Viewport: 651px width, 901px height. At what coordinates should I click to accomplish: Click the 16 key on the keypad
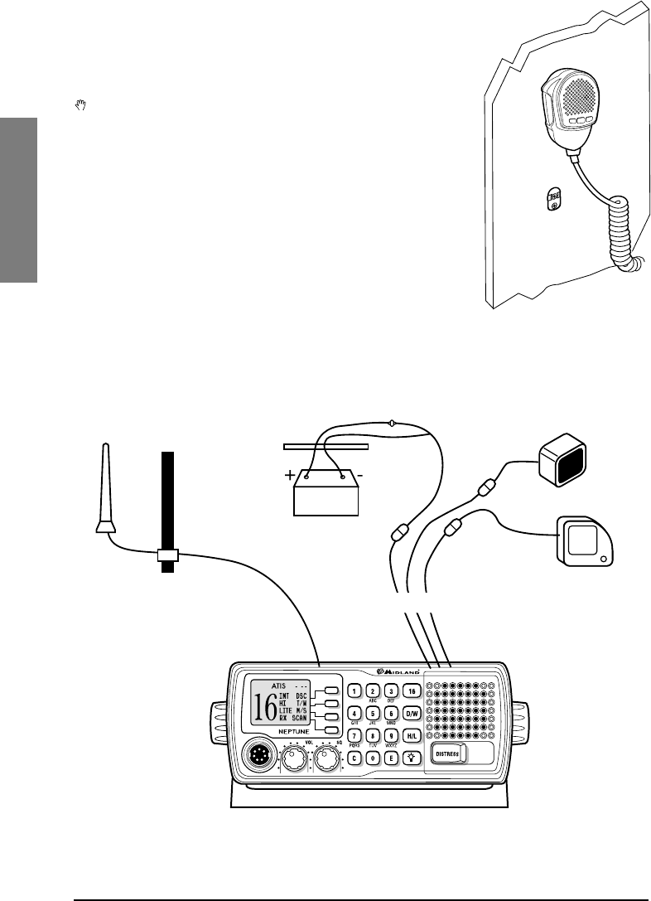tap(412, 690)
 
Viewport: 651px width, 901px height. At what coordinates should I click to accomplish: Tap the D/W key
tap(412, 713)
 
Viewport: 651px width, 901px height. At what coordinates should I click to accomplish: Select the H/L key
tap(412, 735)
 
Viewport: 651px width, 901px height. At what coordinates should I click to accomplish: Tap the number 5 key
tap(374, 713)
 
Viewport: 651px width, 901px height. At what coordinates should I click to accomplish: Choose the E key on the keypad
tap(393, 757)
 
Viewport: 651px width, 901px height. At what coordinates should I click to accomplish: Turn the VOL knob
tap(292, 756)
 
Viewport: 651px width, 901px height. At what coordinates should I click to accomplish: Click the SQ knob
tap(327, 756)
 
